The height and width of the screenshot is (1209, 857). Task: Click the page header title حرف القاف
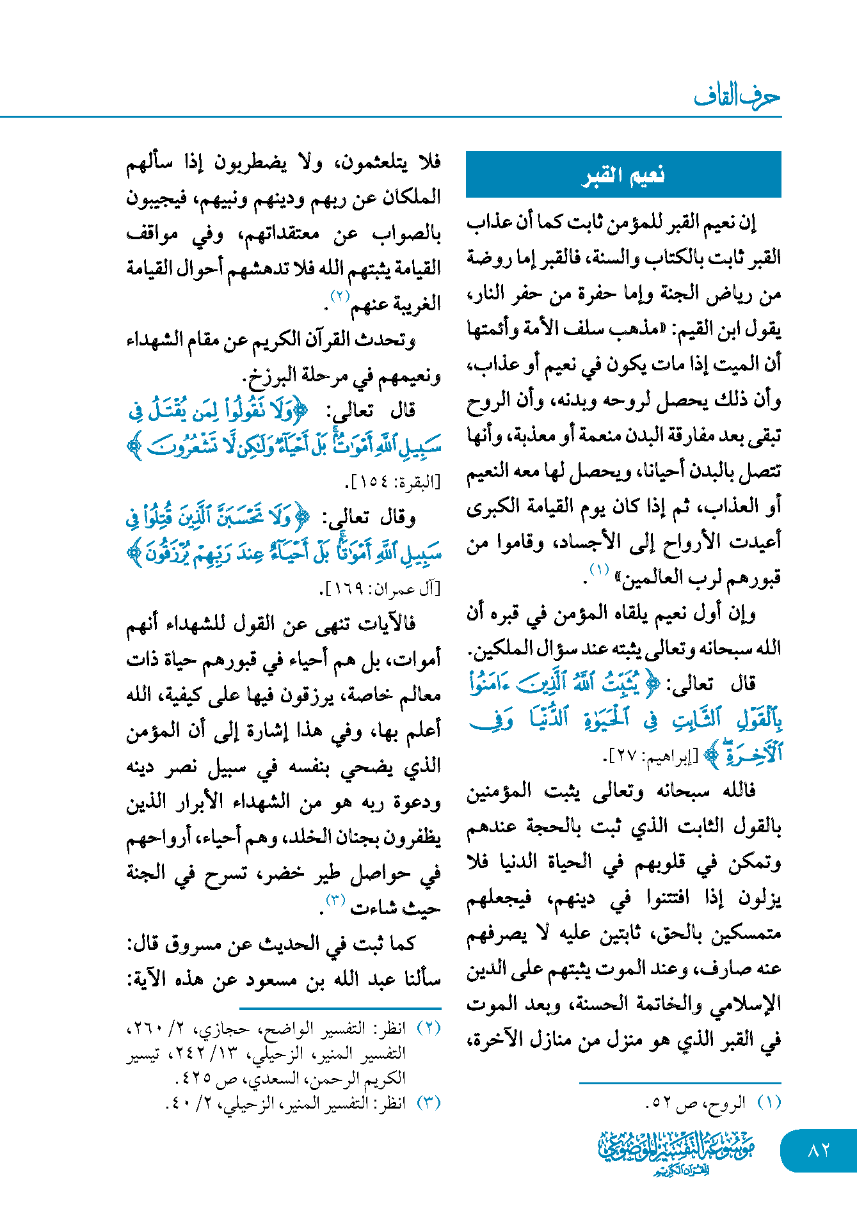pyautogui.click(x=737, y=97)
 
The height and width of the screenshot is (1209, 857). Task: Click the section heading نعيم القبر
pyautogui.click(x=623, y=175)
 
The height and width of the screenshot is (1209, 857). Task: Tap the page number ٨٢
pyautogui.click(x=819, y=1150)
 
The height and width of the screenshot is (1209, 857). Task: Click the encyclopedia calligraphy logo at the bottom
pyautogui.click(x=676, y=1151)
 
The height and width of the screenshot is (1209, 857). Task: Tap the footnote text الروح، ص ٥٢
pyautogui.click(x=696, y=1102)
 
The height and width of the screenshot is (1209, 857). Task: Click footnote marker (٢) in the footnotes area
pyautogui.click(x=429, y=1028)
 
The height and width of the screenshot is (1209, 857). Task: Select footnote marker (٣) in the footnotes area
pyautogui.click(x=429, y=1102)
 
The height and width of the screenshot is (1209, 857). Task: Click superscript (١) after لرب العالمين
pyautogui.click(x=600, y=569)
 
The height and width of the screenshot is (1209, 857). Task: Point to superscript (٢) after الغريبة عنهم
pyautogui.click(x=340, y=295)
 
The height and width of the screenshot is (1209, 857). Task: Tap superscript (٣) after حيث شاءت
pyautogui.click(x=336, y=899)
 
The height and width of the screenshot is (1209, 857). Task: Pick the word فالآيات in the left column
pyautogui.click(x=389, y=623)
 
